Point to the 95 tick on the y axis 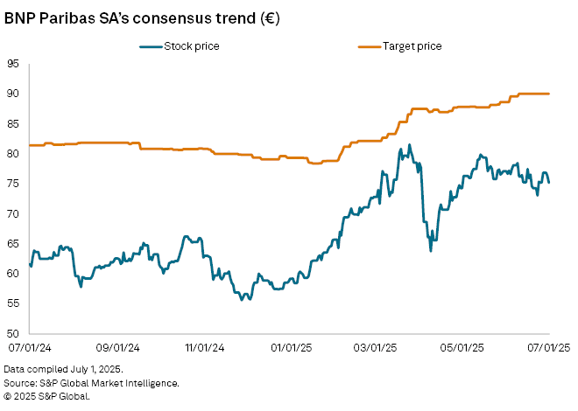13,63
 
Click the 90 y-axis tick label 13,94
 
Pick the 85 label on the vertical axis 13,123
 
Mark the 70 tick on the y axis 13,213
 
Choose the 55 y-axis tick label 13,303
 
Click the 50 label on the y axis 13,333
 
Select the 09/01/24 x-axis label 116,347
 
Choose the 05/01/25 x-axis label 462,347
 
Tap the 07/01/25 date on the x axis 548,347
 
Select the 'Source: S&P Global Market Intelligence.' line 91,383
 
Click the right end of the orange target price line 549,94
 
